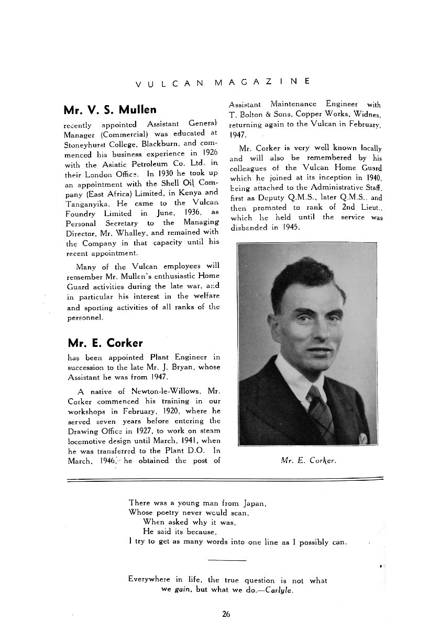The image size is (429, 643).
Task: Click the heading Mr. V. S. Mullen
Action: coord(109,110)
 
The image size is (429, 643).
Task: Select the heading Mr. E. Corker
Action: coord(105,343)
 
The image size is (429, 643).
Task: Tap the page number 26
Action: coord(226,614)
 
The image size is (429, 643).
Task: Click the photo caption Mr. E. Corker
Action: coord(308,461)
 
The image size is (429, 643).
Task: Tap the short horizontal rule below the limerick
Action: coord(226,560)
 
